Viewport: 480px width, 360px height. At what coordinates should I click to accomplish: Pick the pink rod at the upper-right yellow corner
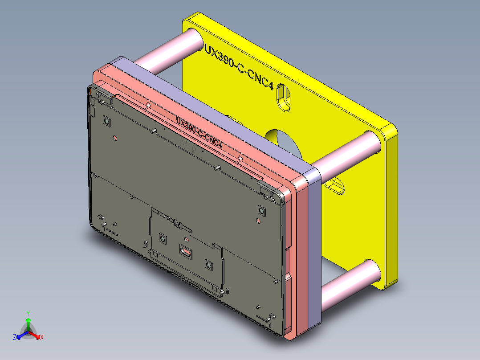[x=347, y=154]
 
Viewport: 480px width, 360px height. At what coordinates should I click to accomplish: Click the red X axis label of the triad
[x=41, y=337]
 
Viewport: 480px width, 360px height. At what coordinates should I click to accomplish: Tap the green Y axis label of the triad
[x=28, y=313]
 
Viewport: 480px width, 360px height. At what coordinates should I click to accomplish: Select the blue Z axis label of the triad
[x=15, y=337]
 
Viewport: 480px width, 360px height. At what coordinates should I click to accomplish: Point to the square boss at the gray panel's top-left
[x=106, y=121]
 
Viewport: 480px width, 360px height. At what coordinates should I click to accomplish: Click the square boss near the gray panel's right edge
[x=261, y=209]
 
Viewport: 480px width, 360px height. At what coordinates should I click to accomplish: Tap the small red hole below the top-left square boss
[x=115, y=138]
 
